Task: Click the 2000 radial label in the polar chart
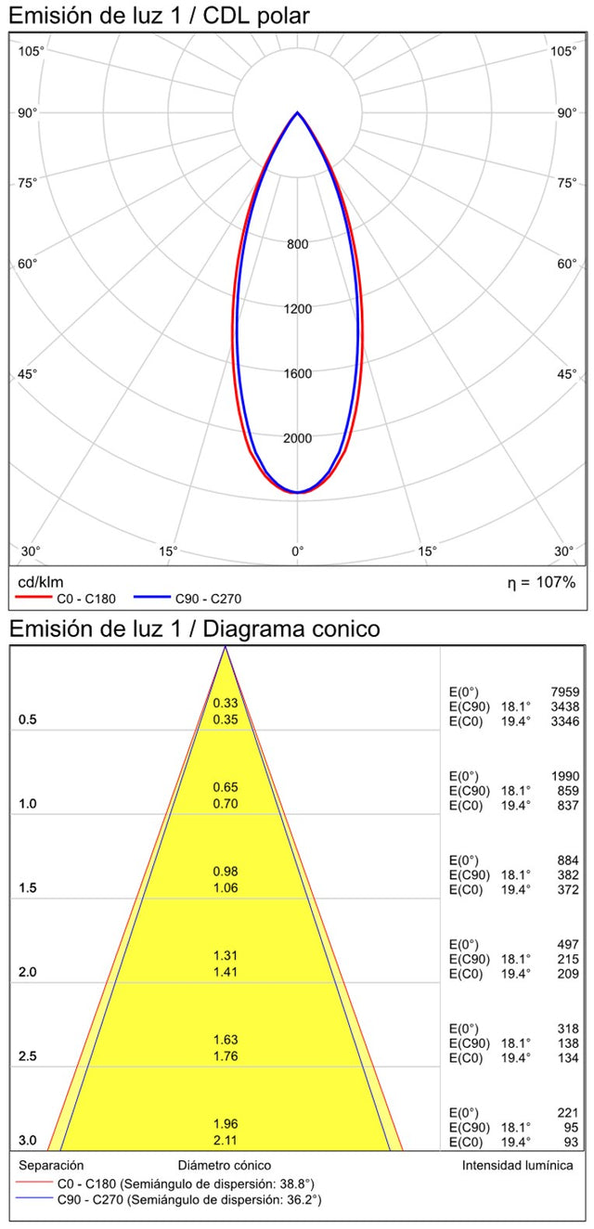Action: [297, 438]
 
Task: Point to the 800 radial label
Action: [297, 244]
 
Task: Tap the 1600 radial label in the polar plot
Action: [297, 374]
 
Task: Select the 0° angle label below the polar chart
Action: [297, 551]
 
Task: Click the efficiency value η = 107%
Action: [541, 582]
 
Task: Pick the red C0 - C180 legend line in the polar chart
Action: [33, 599]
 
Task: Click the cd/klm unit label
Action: [41, 582]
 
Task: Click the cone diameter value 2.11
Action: [226, 1140]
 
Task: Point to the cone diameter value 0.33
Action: [226, 703]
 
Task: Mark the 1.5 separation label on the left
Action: [29, 888]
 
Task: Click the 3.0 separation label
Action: [29, 1141]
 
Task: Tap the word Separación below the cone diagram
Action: [52, 1165]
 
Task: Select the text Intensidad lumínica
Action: [517, 1165]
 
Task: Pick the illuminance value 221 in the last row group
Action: [567, 1112]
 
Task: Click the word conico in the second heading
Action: [345, 628]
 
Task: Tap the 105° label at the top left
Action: [32, 50]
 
